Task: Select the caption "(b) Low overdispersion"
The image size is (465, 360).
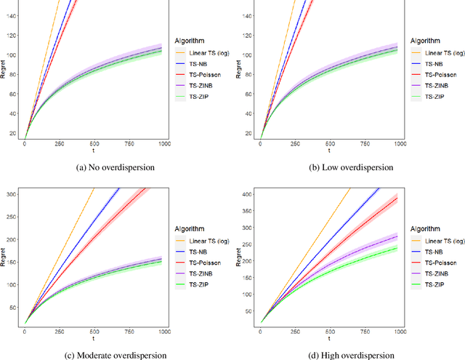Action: point(347,167)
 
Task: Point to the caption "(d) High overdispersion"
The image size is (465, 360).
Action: point(347,355)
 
